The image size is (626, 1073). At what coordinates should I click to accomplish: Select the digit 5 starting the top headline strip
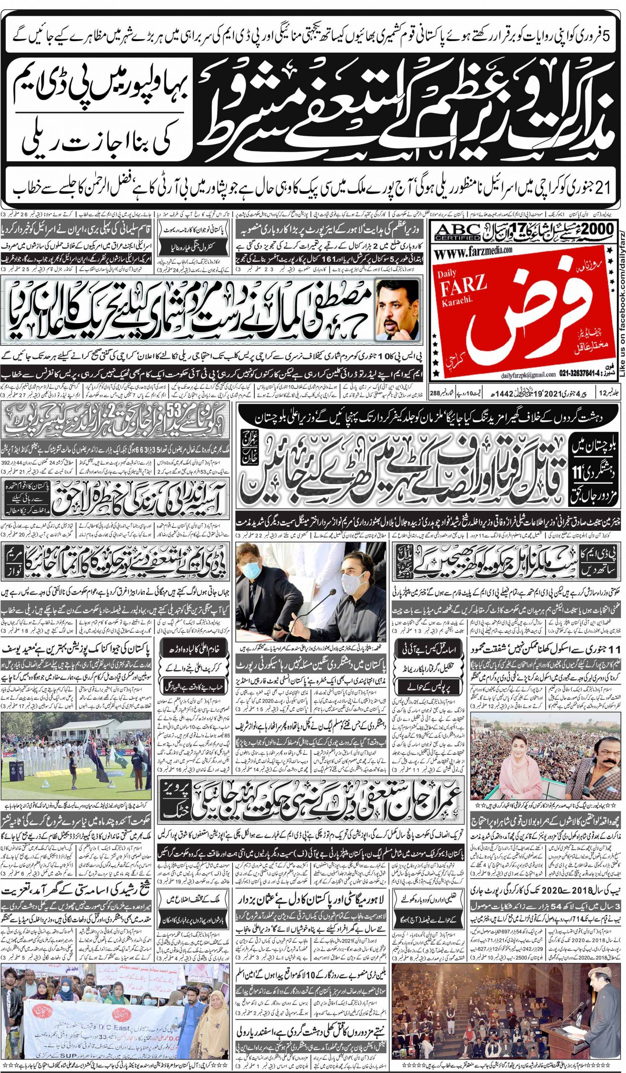coord(607,36)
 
